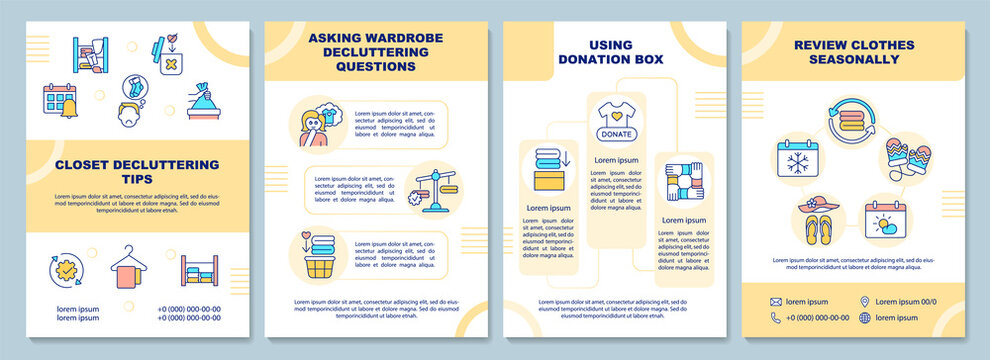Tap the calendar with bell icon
pos(57,100)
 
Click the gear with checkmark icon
pos(65,270)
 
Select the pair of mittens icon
pos(909,155)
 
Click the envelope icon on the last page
pos(775,301)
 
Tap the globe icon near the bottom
pos(864,318)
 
